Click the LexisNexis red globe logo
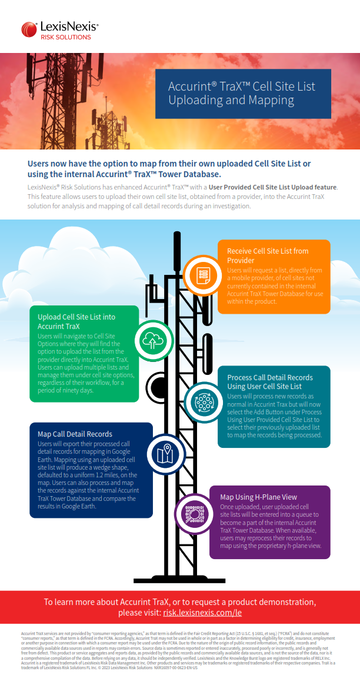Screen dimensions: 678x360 coord(29,29)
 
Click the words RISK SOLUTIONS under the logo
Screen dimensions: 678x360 coord(65,37)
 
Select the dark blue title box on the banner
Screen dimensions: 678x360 coord(243,94)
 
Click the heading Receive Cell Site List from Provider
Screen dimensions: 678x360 coord(268,255)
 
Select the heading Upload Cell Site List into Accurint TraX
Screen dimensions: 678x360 coord(76,321)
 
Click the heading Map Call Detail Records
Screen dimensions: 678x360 coord(75,434)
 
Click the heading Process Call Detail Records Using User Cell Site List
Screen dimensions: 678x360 coord(269,382)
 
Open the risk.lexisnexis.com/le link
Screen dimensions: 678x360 coord(202,613)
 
